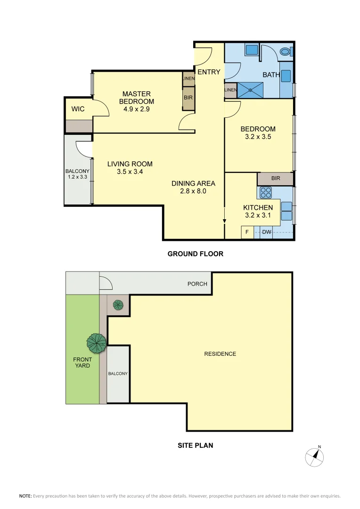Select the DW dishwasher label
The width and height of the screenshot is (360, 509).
pyautogui.click(x=266, y=232)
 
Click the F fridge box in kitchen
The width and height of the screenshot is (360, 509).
pyautogui.click(x=247, y=232)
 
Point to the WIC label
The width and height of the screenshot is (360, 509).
pyautogui.click(x=78, y=109)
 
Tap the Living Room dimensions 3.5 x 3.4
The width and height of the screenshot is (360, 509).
pyautogui.click(x=130, y=172)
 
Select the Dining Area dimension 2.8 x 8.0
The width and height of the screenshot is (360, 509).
pyautogui.click(x=193, y=191)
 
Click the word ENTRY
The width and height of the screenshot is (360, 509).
pyautogui.click(x=208, y=72)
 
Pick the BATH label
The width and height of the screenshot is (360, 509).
pyautogui.click(x=271, y=74)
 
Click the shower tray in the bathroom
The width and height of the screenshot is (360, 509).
pyautogui.click(x=251, y=90)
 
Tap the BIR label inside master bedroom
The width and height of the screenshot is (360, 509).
pyautogui.click(x=188, y=98)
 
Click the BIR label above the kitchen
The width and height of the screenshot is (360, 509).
pyautogui.click(x=276, y=179)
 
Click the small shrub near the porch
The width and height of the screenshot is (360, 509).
pyautogui.click(x=118, y=305)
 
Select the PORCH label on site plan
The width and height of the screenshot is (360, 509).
pyautogui.click(x=197, y=284)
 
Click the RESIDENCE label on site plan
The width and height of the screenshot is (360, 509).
pyautogui.click(x=220, y=353)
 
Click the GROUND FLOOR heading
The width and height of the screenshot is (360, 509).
pyautogui.click(x=195, y=254)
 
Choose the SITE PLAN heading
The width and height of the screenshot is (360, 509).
pyautogui.click(x=195, y=444)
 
